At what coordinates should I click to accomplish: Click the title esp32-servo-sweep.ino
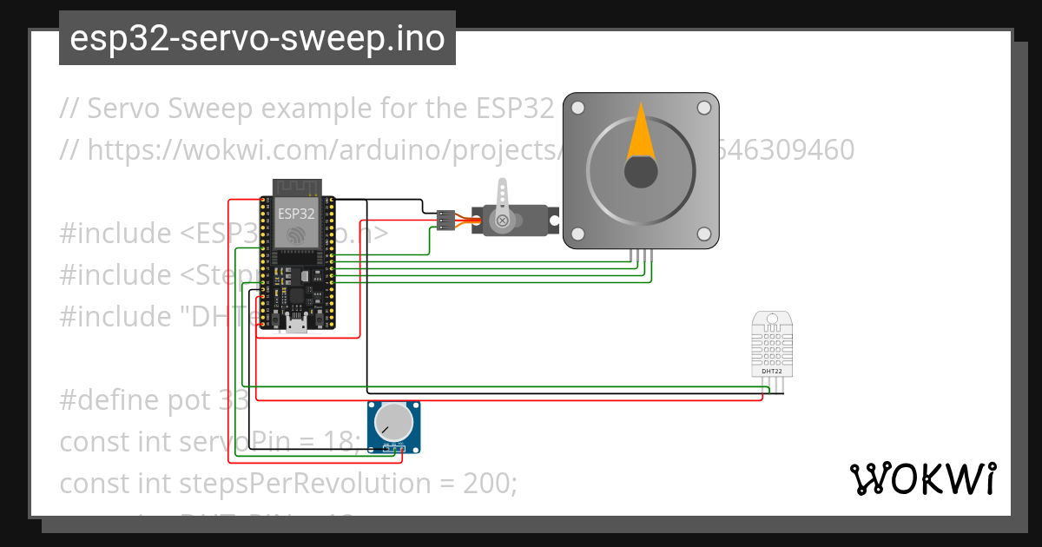[257, 38]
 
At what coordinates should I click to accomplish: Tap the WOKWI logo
[923, 479]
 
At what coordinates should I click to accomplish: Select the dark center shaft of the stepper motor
[641, 172]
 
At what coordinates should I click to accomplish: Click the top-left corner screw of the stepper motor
[577, 109]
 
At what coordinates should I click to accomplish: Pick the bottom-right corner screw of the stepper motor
[704, 234]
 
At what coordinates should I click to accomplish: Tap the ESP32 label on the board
[296, 213]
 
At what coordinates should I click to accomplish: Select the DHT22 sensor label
[771, 371]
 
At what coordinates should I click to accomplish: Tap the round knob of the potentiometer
[393, 422]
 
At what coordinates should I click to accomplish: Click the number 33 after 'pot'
[234, 400]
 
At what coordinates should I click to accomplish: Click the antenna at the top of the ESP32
[296, 187]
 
